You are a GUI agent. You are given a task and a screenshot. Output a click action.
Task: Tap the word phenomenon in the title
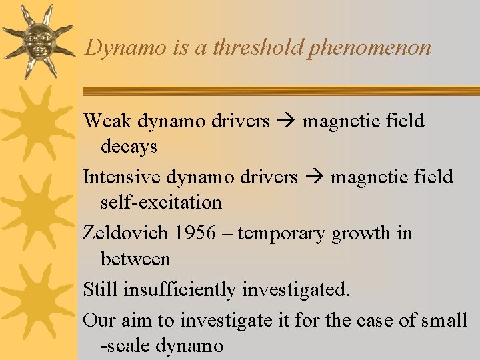[369, 48]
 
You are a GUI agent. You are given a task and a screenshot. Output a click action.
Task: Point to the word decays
[129, 146]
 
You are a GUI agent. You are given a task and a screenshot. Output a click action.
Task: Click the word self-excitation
[161, 202]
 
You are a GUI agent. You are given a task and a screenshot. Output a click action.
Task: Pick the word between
[135, 259]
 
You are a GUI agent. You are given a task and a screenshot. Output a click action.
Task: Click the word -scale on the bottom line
[123, 346]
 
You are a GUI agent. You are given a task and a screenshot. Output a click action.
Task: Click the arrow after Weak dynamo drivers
[286, 121]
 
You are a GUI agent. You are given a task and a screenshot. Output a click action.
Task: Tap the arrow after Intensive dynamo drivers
[314, 177]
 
